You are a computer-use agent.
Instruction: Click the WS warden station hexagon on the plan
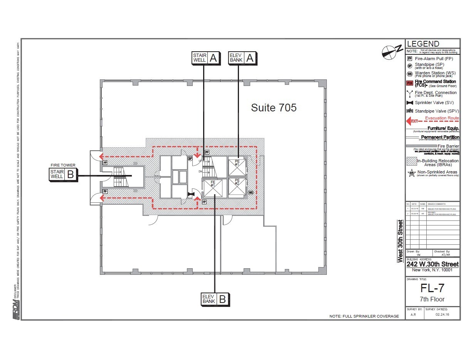(x=251, y=192)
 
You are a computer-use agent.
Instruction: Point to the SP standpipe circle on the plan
(x=190, y=158)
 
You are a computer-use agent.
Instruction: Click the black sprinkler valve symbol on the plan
(x=190, y=194)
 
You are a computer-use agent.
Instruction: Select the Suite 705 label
(x=274, y=108)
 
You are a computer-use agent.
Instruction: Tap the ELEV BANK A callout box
(x=242, y=58)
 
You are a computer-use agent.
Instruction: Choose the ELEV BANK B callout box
(x=215, y=299)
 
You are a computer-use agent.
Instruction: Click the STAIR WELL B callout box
(x=63, y=175)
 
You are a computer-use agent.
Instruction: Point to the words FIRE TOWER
(x=63, y=165)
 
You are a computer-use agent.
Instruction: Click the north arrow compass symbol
(x=389, y=52)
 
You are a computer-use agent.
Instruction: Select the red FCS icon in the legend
(x=410, y=83)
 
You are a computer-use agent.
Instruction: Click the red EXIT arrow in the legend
(x=412, y=121)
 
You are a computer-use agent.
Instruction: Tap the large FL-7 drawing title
(x=432, y=288)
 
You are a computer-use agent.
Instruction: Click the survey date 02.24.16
(x=442, y=315)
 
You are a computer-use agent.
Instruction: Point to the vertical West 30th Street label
(x=400, y=241)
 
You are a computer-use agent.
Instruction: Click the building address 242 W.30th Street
(x=432, y=264)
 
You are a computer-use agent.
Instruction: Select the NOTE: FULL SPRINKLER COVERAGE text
(x=364, y=316)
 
